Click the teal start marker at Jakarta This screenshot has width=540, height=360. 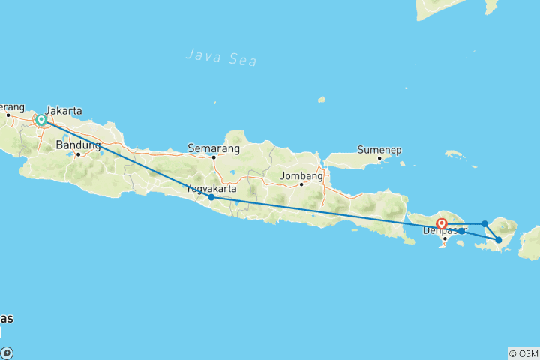coord(41,120)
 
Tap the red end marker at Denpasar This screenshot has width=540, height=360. coord(442,223)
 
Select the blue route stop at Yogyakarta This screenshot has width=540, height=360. coord(211,197)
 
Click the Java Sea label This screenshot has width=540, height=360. coord(217,54)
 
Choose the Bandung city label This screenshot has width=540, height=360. coord(77,145)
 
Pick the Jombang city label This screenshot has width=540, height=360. coord(301,176)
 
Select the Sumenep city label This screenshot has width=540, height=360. coord(379,149)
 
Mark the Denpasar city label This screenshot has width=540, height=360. coord(445,229)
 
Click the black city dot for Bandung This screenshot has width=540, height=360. coord(77,154)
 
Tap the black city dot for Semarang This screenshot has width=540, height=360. coord(214,157)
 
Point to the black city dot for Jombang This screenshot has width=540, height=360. coord(301,184)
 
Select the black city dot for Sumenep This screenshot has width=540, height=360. coord(380,158)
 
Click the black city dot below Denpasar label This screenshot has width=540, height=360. coord(445,238)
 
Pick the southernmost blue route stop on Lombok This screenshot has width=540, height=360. coord(499,240)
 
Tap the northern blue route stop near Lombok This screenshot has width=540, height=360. coord(485,223)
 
